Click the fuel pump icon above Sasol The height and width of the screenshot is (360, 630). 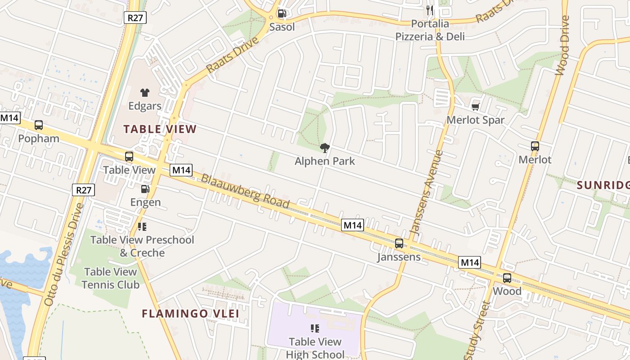click(282, 13)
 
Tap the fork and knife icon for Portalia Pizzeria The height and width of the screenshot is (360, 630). click(430, 10)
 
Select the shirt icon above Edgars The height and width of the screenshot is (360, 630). click(144, 93)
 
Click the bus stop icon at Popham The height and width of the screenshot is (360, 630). click(39, 125)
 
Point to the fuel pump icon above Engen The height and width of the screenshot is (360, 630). click(145, 189)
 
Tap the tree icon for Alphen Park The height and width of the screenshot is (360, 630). click(324, 148)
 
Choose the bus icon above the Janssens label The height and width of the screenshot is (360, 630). click(399, 243)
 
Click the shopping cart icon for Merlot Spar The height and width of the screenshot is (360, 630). click(475, 107)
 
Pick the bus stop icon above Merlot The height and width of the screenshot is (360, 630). click(535, 146)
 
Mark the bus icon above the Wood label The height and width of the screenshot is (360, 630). click(507, 278)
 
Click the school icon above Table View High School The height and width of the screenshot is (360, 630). click(315, 328)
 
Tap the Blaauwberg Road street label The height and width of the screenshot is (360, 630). click(245, 191)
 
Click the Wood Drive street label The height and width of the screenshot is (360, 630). click(562, 45)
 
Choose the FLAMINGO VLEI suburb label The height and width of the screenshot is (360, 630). click(190, 313)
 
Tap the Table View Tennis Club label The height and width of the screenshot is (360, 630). click(110, 278)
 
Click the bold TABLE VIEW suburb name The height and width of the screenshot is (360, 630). click(160, 129)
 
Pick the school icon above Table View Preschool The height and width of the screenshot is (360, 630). click(142, 227)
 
